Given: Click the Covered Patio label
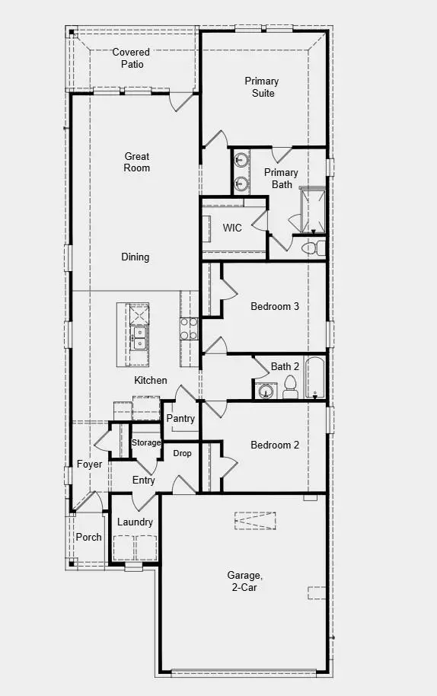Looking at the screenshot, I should (131, 58).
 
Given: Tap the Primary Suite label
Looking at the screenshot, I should (261, 87).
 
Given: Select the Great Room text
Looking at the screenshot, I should (137, 162).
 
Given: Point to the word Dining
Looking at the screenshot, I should (136, 257).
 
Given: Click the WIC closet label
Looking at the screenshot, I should (232, 228).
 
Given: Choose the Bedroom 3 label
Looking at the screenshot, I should (275, 307).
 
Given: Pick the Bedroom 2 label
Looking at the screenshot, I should (275, 445).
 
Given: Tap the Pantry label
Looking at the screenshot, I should (180, 419).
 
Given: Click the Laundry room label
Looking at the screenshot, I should (135, 522).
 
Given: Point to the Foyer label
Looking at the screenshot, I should (89, 465).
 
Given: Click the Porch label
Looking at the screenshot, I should (89, 537).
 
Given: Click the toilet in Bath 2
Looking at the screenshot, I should (290, 388).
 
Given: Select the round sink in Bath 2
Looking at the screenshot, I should (265, 391).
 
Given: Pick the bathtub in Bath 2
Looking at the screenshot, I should (315, 377).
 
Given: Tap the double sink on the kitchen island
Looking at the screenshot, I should (139, 338).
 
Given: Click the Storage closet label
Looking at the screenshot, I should (146, 442).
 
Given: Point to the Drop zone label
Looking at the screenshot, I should (182, 453).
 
